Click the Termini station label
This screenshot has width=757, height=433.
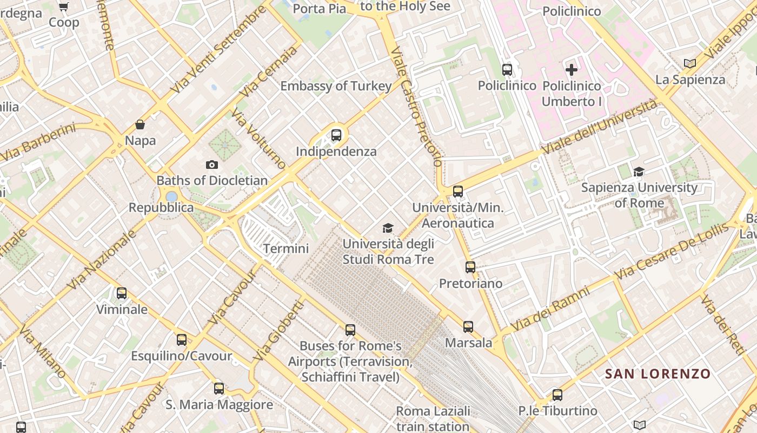coord(285,248)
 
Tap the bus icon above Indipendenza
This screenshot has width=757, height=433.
coord(336,135)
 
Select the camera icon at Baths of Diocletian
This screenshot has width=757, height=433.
coord(212,165)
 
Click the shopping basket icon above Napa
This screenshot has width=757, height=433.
coord(140,125)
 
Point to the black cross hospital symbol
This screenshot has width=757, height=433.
coord(572,69)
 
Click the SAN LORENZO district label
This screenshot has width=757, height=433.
coord(658,373)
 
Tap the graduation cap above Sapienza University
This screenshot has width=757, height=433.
coord(639,172)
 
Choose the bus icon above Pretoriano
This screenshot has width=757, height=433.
coord(470,267)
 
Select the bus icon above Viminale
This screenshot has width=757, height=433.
coord(122,293)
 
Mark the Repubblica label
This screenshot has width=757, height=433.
coord(161,207)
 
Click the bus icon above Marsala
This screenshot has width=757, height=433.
coord(468,326)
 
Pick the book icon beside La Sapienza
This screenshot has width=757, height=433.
coord(690,63)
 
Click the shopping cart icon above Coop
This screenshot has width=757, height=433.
coord(64,6)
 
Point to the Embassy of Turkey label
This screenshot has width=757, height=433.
coord(336,86)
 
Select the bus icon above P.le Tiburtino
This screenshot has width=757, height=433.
coord(557,395)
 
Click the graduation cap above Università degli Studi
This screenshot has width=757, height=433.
coord(388,228)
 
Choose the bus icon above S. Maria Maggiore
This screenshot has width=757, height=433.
coord(219,388)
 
